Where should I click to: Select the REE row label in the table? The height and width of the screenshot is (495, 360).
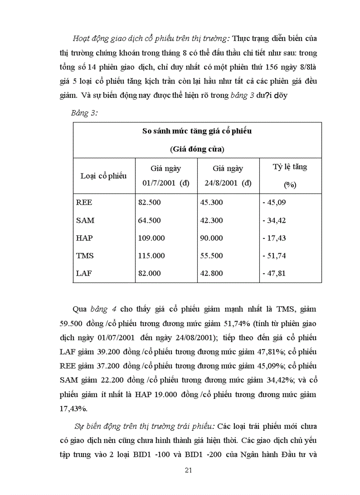[84, 203]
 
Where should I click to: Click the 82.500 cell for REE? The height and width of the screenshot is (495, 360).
[150, 203]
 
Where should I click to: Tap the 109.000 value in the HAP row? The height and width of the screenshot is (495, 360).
[151, 238]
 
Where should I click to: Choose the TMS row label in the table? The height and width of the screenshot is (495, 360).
[85, 256]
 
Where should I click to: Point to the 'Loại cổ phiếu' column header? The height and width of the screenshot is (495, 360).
[104, 175]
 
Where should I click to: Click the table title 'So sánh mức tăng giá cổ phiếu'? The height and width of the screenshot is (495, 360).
[197, 131]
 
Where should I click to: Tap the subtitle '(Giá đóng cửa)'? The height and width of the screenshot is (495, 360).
[197, 149]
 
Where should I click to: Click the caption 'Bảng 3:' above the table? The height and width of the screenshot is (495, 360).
[84, 113]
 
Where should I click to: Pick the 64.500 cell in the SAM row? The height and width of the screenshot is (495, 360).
[150, 220]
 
